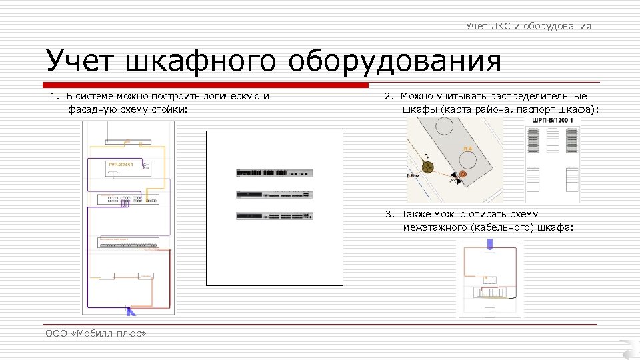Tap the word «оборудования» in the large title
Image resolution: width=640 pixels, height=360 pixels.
click(395, 62)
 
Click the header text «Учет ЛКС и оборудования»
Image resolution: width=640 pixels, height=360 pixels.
click(528, 26)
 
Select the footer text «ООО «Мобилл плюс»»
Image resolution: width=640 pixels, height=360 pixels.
click(95, 333)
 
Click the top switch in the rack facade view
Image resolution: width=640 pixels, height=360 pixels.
click(274, 172)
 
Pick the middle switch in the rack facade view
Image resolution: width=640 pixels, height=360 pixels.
click(274, 194)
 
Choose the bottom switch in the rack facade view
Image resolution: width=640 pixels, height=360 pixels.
click(274, 216)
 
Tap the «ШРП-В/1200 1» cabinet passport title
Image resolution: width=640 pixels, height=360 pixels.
click(553, 120)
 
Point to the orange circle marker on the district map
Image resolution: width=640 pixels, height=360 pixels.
click(463, 174)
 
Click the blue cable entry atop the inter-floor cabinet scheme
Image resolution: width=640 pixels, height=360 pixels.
click(490, 245)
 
